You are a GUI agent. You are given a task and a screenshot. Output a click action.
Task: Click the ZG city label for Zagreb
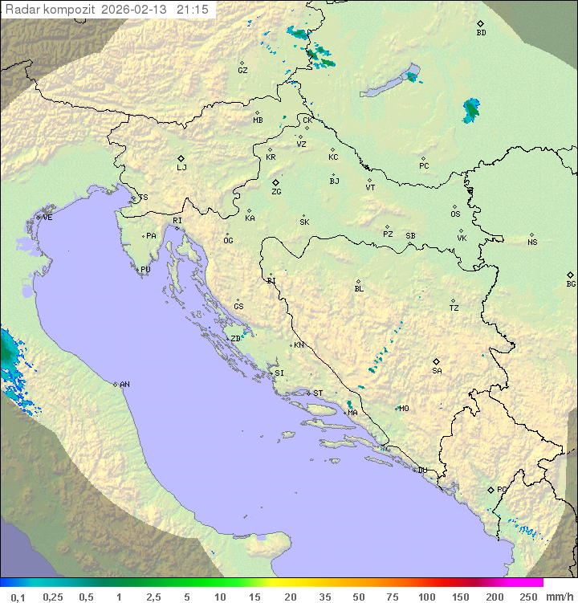pyautogui.click(x=276, y=192)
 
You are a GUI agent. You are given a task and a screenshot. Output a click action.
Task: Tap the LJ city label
pyautogui.click(x=181, y=168)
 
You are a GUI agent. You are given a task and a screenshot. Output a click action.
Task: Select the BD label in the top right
pyautogui.click(x=481, y=33)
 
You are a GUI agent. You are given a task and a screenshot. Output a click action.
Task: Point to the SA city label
pyautogui.click(x=437, y=371)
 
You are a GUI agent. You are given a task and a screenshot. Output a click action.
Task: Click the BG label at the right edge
pyautogui.click(x=571, y=283)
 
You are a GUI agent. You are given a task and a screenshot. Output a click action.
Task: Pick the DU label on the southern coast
pyautogui.click(x=421, y=471)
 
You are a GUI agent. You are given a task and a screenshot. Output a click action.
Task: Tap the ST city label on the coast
pyautogui.click(x=318, y=393)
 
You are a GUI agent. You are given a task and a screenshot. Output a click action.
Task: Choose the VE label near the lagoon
pyautogui.click(x=47, y=218)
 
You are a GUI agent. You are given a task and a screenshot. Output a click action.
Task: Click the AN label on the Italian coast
pyautogui.click(x=124, y=385)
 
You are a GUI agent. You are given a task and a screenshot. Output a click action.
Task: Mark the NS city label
pyautogui.click(x=532, y=242)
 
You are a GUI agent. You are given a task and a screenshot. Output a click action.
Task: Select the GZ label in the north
pyautogui.click(x=242, y=71)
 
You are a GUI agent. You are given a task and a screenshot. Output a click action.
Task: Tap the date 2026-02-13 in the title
pyautogui.click(x=136, y=9)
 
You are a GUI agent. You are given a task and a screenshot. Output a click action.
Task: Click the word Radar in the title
pyautogui.click(x=21, y=9)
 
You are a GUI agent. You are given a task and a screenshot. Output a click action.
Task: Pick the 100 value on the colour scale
pyautogui.click(x=426, y=597)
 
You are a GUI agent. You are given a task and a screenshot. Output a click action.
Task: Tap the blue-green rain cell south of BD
pyautogui.click(x=471, y=110)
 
